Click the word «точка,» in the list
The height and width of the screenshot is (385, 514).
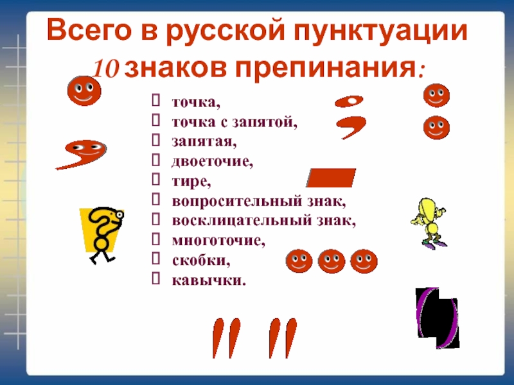[x=196, y=103]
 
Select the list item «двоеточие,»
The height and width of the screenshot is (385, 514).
[x=213, y=162]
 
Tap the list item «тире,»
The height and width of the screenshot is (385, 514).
[x=191, y=182]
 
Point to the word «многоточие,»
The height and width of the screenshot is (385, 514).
[x=218, y=241]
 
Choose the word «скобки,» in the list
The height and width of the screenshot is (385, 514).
[x=201, y=261]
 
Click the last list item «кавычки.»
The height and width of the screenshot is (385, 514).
[x=209, y=280]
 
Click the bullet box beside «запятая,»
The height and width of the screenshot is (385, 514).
[x=156, y=140]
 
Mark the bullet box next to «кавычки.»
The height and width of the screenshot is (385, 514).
[x=156, y=278]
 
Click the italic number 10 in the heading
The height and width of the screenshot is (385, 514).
[x=105, y=69]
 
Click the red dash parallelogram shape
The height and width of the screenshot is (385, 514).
[x=331, y=178]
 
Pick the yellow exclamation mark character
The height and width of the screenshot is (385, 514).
[x=429, y=221]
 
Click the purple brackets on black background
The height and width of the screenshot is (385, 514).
[x=438, y=318]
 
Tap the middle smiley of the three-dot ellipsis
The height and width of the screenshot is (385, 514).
[x=332, y=261]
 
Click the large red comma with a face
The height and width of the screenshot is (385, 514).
[x=82, y=154]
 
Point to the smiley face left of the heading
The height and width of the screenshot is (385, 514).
[x=84, y=90]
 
